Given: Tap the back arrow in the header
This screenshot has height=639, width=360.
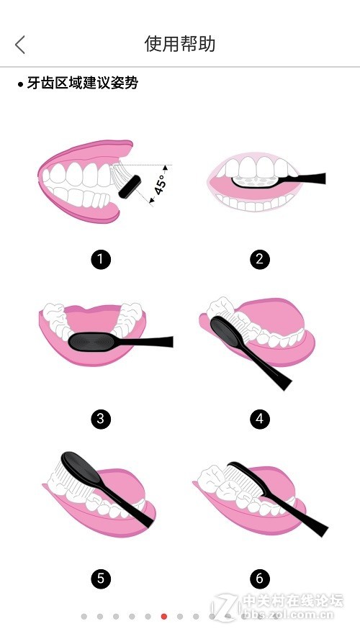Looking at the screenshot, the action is (20, 45).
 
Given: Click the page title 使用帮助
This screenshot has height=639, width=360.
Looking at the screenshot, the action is (180, 44).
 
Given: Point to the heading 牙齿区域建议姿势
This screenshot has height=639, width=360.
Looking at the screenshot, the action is (82, 83).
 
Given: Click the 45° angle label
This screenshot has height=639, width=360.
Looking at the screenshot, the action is (161, 183).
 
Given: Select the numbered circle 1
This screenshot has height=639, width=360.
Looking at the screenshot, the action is (101, 259).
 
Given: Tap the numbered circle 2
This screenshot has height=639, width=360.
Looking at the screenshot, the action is (260, 259).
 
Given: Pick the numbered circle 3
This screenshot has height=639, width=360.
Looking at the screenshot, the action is (101, 419).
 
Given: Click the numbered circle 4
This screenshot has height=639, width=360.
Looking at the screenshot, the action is (260, 419).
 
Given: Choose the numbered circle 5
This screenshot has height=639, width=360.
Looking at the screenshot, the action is (101, 579).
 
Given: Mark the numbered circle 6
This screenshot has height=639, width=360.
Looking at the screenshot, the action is (260, 579).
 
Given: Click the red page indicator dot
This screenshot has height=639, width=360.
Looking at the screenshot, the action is (164, 617).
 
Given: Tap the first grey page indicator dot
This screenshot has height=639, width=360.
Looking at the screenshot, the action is (84, 617).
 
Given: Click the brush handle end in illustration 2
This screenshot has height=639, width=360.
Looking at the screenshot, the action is (322, 178).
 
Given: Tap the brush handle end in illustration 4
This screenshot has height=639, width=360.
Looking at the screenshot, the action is (285, 384).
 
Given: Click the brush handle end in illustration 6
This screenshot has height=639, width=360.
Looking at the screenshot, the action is (321, 529).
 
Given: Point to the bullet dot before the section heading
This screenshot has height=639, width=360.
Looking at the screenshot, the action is (20, 85).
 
